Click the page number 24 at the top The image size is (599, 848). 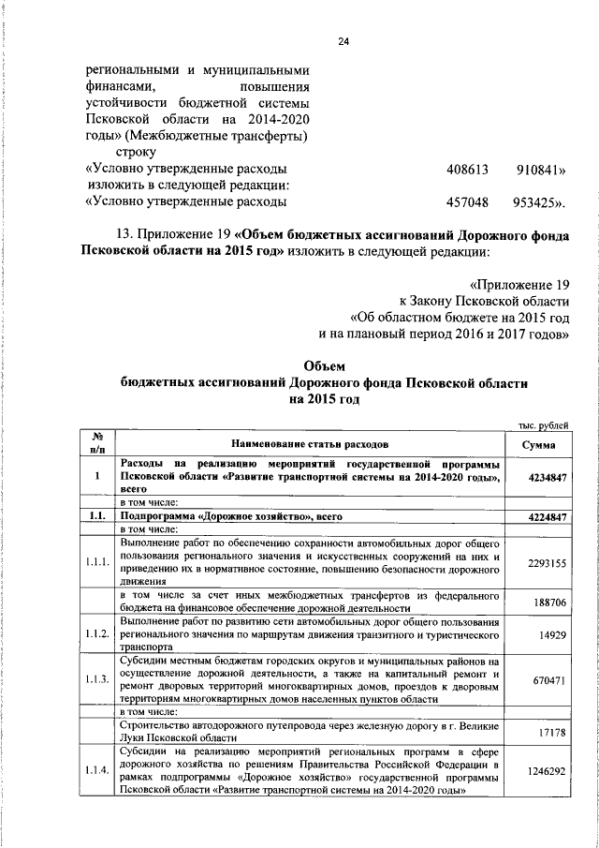[343, 41]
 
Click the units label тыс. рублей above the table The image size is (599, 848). [543, 426]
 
